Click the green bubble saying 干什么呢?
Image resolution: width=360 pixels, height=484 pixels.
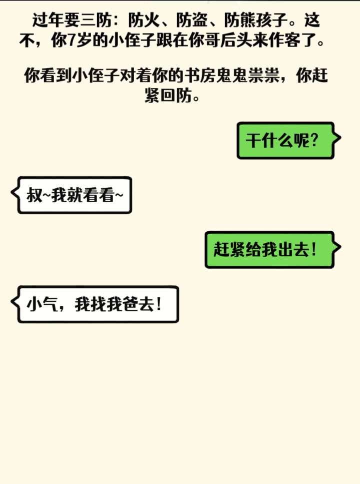[x=285, y=141]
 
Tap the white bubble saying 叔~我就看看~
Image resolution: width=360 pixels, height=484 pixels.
[x=74, y=195]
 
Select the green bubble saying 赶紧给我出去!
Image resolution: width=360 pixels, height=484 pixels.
[x=269, y=249]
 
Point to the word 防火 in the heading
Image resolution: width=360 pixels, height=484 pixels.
[x=144, y=21]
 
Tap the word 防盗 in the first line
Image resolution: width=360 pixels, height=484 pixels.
[x=191, y=21]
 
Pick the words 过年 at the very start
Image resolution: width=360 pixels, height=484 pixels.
[x=48, y=21]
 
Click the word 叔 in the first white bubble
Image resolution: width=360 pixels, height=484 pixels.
[x=34, y=195]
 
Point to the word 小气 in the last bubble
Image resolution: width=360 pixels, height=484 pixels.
[x=41, y=304]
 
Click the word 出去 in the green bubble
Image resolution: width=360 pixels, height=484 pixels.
[x=292, y=249]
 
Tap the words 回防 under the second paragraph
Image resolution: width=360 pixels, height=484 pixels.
[x=176, y=96]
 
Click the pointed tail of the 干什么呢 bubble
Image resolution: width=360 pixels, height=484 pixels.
[x=340, y=138]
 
